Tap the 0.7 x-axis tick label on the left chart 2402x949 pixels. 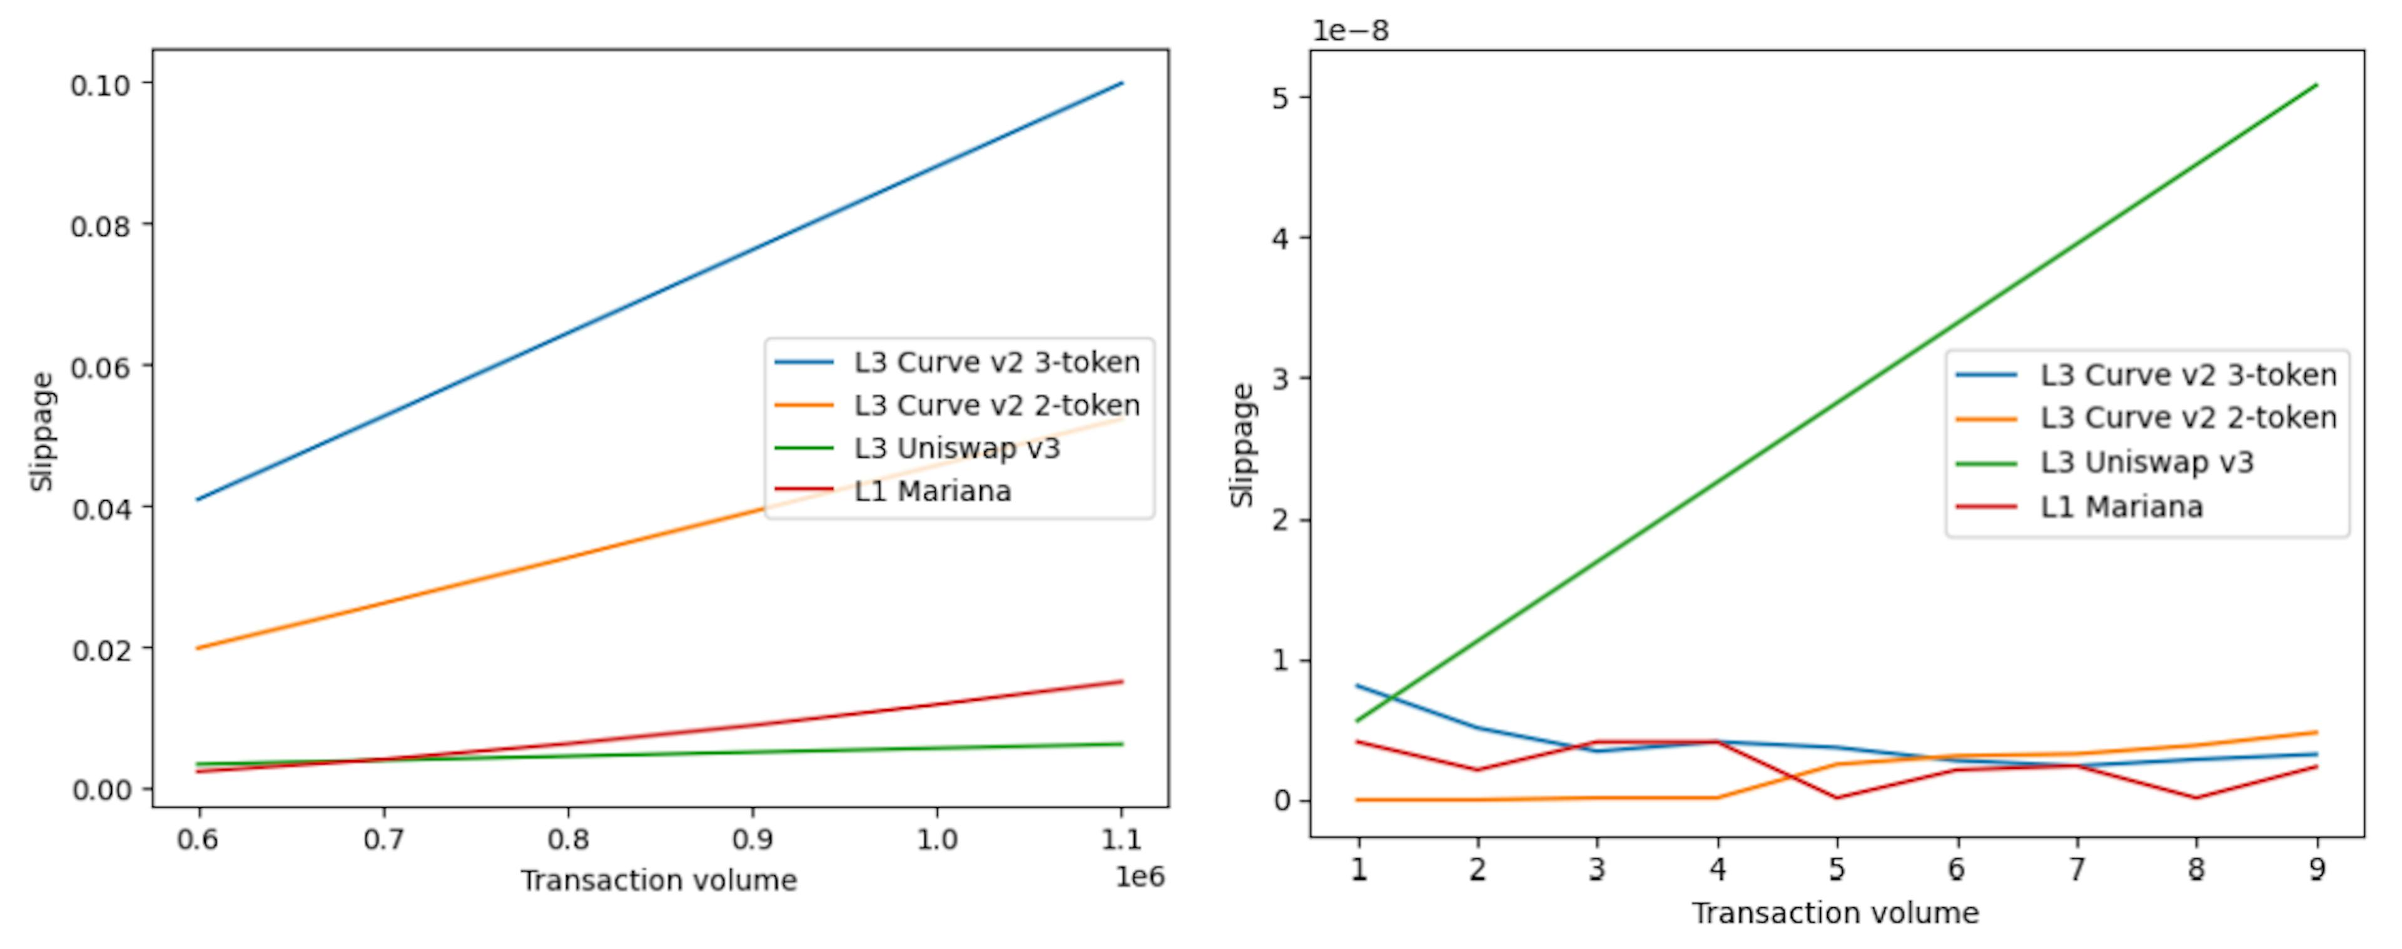(383, 840)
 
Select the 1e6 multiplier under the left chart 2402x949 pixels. (1140, 877)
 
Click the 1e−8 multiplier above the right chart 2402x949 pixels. (1350, 31)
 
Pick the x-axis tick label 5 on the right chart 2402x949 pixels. (1836, 870)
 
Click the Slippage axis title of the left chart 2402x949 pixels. (42, 431)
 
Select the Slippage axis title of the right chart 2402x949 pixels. (1242, 446)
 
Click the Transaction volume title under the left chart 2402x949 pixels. (658, 881)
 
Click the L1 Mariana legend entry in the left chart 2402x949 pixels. (933, 491)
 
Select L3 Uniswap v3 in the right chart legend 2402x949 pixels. (2147, 463)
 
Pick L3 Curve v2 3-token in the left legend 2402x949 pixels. (996, 363)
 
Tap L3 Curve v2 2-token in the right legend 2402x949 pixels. (2187, 418)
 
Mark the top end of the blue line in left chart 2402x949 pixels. (1122, 84)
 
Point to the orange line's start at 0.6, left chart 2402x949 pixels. (198, 648)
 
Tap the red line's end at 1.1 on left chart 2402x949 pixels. (1122, 681)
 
